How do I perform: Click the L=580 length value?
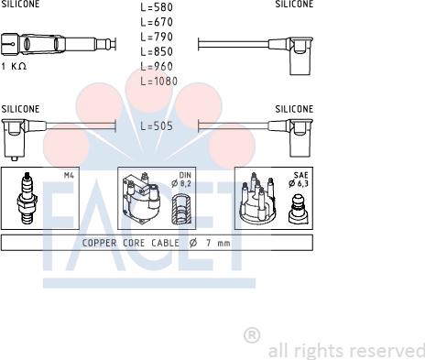157,7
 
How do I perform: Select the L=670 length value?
157,22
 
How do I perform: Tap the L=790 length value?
157,37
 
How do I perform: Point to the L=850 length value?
157,51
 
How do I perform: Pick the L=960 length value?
157,66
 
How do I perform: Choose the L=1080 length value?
159,82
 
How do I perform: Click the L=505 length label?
157,125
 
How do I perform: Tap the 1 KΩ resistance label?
14,66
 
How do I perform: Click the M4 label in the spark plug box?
69,175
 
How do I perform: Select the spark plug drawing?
27,199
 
